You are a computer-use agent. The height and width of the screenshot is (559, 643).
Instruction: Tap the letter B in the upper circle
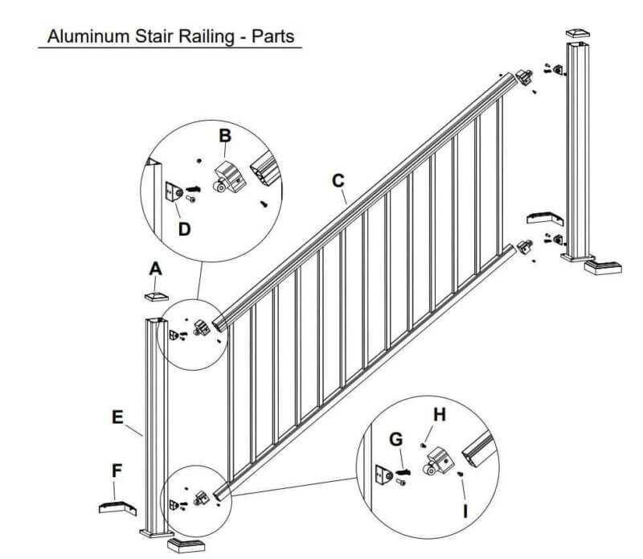click(225, 135)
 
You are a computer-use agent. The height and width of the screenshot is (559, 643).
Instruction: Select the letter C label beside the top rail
click(338, 181)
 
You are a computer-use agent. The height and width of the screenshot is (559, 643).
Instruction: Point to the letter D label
click(184, 229)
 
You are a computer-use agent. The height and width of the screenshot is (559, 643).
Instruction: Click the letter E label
click(118, 417)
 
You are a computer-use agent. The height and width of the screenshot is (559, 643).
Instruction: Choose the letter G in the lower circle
click(395, 439)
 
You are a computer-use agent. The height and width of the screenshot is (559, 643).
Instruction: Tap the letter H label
click(438, 415)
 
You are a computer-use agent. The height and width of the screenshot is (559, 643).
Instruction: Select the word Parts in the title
click(270, 36)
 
